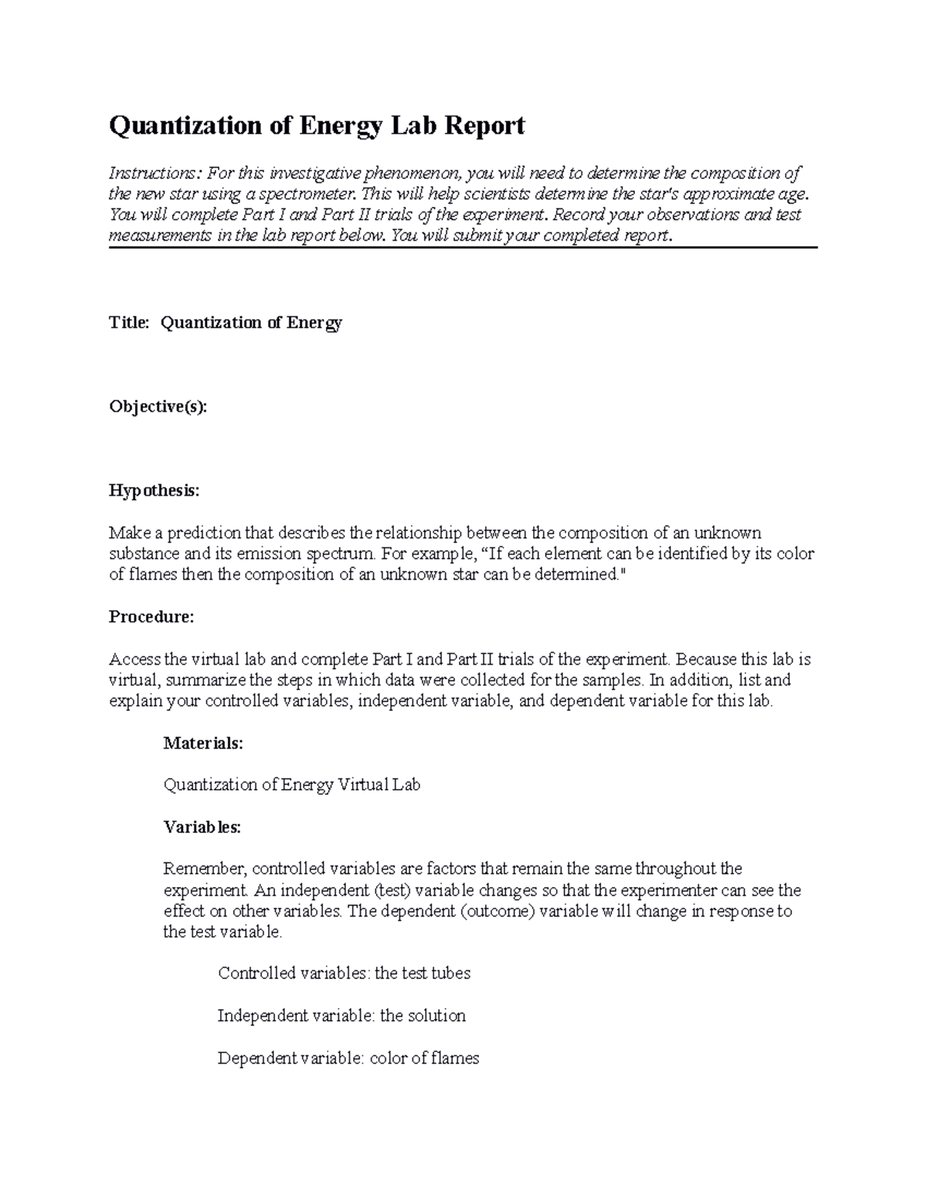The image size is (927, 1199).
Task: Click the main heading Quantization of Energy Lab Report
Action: click(317, 126)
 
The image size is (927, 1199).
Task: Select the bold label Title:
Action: click(129, 323)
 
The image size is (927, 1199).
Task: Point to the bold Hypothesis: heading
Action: click(154, 491)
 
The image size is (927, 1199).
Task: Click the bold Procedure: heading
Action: click(151, 617)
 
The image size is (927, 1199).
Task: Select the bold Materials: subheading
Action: click(203, 743)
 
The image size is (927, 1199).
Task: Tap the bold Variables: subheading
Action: click(202, 828)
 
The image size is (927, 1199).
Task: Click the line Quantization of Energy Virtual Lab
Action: click(292, 785)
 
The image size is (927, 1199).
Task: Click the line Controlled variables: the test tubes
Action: click(344, 974)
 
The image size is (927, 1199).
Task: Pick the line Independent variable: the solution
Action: click(341, 1016)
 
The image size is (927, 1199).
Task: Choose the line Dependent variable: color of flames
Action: click(348, 1058)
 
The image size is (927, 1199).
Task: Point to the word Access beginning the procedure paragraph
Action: click(134, 660)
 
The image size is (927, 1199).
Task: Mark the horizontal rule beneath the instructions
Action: click(463, 247)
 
